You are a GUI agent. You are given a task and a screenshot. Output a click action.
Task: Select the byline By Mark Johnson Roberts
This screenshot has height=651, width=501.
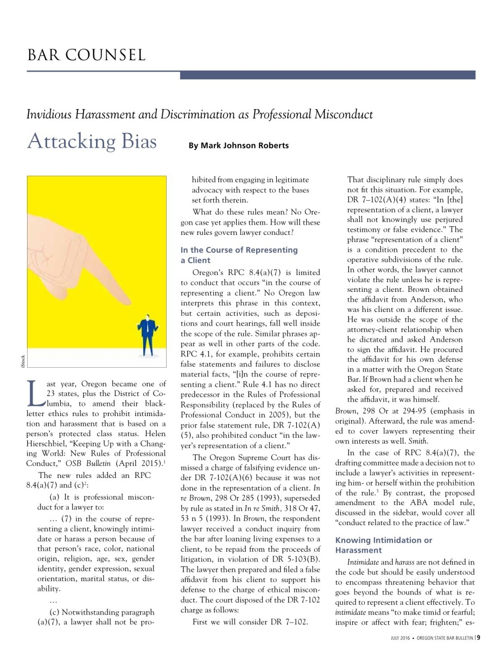238,145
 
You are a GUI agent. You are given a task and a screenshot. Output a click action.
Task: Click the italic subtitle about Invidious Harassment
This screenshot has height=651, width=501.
200,114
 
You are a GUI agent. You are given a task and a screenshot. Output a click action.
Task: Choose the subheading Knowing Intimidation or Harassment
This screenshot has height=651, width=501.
384,546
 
